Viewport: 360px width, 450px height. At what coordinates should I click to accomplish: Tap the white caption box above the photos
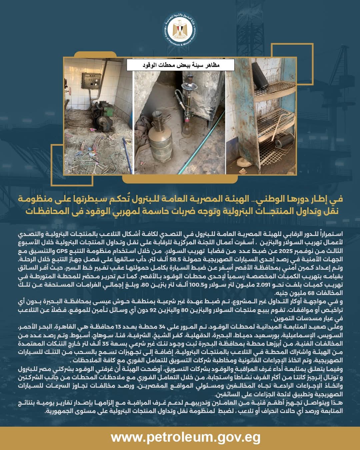(180, 65)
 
